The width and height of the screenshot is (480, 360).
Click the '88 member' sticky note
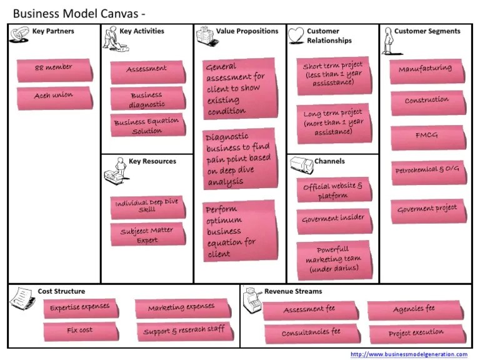pos(54,67)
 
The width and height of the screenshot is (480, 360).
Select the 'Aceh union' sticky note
pos(54,96)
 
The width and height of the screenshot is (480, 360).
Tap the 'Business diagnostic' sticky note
pos(147,99)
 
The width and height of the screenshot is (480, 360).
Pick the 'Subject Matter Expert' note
pos(147,234)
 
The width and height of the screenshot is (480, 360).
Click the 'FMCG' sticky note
pos(427,137)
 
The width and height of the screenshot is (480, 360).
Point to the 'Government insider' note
pos(332,219)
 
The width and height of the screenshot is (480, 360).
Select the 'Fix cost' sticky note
pos(80,330)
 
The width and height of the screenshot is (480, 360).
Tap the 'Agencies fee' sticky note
pos(414,309)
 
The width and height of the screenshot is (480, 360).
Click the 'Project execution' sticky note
pos(416,333)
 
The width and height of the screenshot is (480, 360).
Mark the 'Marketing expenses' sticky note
pos(181,308)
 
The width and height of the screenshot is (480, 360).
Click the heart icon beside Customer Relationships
pos(296,36)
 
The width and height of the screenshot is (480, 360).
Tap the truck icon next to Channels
pos(300,164)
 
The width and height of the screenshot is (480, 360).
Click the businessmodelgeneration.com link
pos(409,354)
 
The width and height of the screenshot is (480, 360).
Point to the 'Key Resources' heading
pos(152,161)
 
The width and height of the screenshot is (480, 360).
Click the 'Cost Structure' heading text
pos(61,291)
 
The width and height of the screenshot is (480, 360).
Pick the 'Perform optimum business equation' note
pos(239,231)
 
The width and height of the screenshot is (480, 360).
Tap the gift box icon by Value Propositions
pos(204,36)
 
